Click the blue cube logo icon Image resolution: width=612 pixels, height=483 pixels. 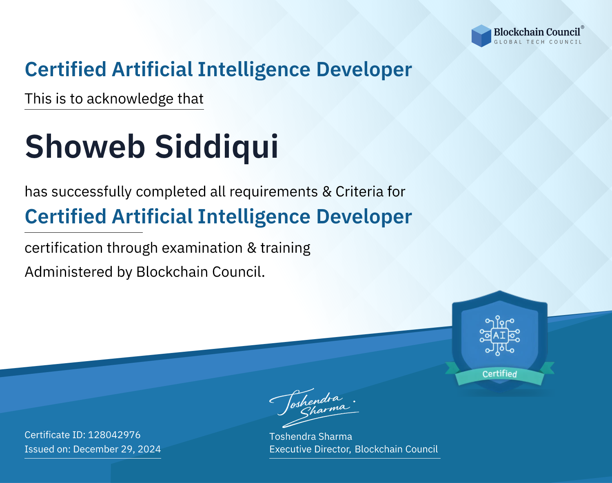[x=481, y=36]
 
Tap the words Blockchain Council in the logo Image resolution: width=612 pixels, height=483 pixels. [x=537, y=32]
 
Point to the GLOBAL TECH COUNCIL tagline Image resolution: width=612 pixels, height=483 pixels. [x=538, y=42]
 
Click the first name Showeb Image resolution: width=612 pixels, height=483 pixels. [x=85, y=147]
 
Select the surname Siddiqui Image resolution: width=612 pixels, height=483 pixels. [x=216, y=148]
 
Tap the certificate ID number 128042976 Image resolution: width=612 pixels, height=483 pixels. [x=114, y=435]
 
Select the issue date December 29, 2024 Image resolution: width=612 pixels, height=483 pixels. [x=117, y=449]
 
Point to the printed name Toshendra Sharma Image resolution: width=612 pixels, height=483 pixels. [x=310, y=437]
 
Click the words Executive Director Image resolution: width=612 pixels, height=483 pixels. [x=309, y=449]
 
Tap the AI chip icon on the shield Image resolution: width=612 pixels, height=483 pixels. [x=500, y=335]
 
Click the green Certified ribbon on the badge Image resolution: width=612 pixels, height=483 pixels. [x=500, y=374]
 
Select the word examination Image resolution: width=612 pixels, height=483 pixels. [x=202, y=248]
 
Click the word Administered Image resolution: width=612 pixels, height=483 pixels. [x=69, y=272]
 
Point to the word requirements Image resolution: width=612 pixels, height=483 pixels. [x=274, y=192]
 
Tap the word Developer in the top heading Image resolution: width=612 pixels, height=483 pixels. [x=364, y=70]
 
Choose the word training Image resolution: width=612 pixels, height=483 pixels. [x=286, y=248]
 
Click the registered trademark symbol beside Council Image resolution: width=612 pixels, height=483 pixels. [x=583, y=27]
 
